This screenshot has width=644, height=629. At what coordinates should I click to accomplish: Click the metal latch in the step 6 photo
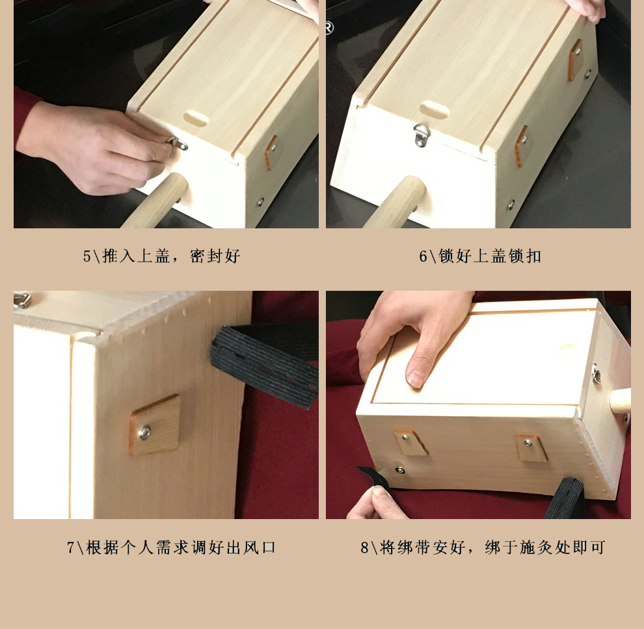tap(422, 135)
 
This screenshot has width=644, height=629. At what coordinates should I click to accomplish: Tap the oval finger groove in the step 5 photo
tap(196, 118)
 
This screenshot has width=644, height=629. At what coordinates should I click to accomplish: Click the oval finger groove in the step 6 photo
tap(435, 109)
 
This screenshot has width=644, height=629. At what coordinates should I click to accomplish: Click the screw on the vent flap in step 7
tap(144, 432)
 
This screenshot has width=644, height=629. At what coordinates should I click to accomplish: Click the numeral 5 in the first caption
tap(87, 256)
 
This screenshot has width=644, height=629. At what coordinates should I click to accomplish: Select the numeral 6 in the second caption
tap(423, 256)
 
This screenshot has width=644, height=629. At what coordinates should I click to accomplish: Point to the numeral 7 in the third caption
tap(71, 547)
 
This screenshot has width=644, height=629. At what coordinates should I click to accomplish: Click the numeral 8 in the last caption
tap(364, 547)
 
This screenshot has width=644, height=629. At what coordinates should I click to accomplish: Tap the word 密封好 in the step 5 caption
tap(215, 256)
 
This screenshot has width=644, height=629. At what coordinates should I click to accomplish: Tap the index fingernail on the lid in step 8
tap(416, 379)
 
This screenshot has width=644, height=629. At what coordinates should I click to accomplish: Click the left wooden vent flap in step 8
tap(411, 443)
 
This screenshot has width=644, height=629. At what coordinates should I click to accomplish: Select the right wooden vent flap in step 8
tap(531, 448)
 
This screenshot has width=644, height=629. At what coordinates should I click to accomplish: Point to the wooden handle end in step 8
tap(620, 401)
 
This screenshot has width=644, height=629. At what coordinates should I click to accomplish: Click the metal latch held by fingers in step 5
tap(178, 143)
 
